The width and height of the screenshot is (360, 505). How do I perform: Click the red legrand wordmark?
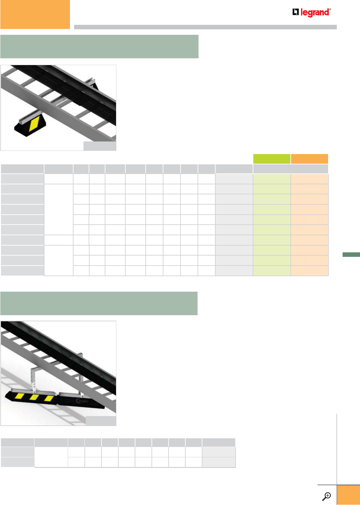pyautogui.click(x=315, y=13)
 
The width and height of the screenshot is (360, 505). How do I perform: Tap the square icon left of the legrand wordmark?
pyautogui.click(x=296, y=12)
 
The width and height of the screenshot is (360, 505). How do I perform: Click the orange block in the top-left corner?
pyautogui.click(x=35, y=14)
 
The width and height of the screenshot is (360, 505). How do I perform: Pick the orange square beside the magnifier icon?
pyautogui.click(x=348, y=495)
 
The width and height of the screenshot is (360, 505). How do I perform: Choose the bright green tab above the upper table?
pyautogui.click(x=272, y=159)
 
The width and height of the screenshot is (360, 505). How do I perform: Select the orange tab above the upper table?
pyautogui.click(x=309, y=159)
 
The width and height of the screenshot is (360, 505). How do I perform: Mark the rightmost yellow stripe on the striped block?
pyautogui.click(x=48, y=398)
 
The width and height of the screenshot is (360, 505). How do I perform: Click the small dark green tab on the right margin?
pyautogui.click(x=351, y=255)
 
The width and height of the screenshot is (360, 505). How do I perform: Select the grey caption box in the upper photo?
pyautogui.click(x=100, y=146)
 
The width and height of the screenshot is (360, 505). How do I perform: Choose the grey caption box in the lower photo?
pyautogui.click(x=101, y=421)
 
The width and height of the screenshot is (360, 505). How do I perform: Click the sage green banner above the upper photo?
pyautogui.click(x=99, y=47)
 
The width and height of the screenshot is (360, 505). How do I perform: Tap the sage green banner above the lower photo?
pyautogui.click(x=99, y=303)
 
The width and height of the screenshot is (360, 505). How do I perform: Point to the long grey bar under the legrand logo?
pyautogui.click(x=205, y=27)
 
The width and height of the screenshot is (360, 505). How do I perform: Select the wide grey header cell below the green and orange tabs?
pyautogui.click(x=290, y=169)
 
